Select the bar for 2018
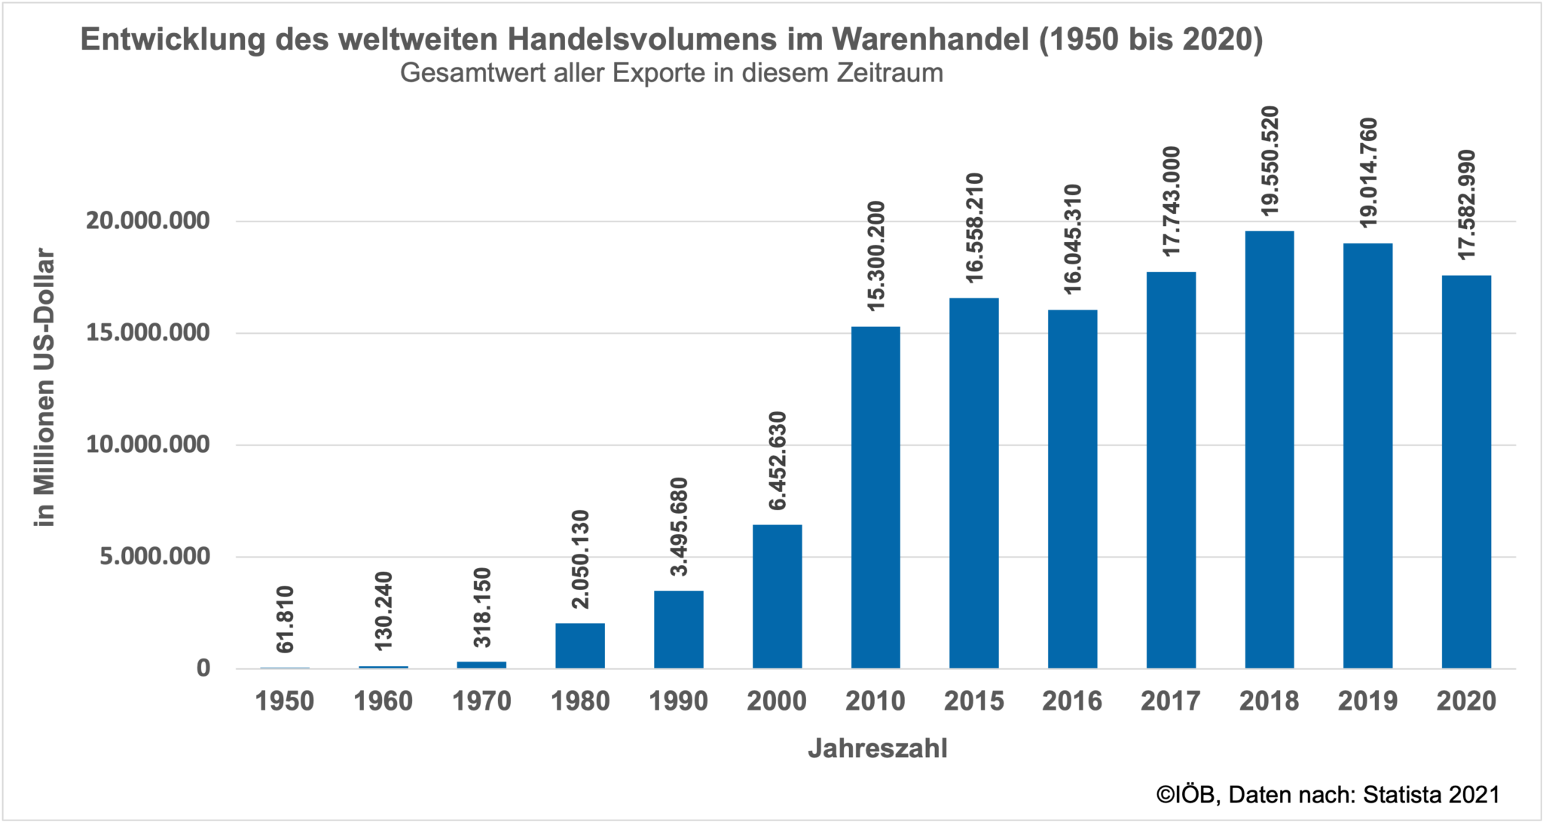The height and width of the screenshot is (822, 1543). pos(1270,450)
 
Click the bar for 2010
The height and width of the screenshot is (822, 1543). pos(875,497)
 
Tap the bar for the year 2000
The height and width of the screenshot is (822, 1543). pos(777,597)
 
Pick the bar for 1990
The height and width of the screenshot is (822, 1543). pos(679,629)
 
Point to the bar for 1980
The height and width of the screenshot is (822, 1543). pos(580,646)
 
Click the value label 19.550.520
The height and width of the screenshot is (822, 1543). pos(1270,160)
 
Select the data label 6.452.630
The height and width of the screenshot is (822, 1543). pos(777,460)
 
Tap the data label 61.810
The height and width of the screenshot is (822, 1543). pos(285,619)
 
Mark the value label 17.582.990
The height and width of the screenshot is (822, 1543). pos(1466,205)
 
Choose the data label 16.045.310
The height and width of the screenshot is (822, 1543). pos(1073,239)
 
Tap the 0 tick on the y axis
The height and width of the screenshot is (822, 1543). pos(203,668)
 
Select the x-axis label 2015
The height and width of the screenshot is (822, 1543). pos(973,701)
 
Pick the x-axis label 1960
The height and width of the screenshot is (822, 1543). pos(383,701)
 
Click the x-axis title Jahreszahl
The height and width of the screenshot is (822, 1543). pos(877,749)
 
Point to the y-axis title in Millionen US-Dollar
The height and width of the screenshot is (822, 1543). pos(45,387)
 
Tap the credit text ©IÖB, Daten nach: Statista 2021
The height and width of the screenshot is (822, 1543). pos(1328,795)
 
